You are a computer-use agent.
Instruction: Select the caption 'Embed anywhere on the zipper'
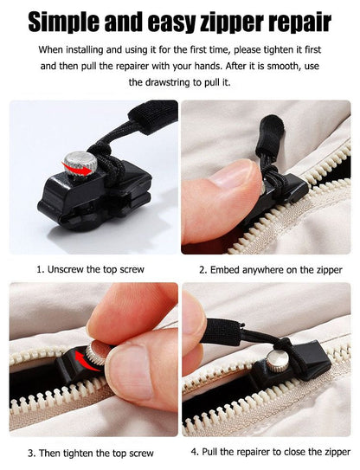pos(269,270)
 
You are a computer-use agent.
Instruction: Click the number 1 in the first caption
pos(38,269)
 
